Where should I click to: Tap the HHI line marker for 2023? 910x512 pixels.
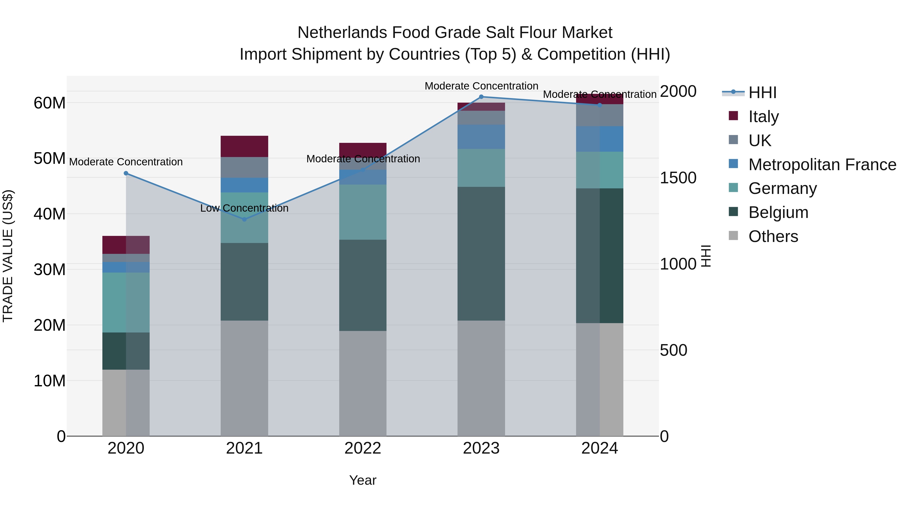481,97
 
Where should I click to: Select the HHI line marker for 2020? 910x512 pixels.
126,173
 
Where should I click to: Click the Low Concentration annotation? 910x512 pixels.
244,208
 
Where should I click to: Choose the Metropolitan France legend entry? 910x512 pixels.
822,164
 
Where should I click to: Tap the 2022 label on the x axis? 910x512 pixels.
362,448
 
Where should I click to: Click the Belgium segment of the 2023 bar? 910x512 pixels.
481,253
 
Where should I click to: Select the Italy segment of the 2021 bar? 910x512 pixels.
244,146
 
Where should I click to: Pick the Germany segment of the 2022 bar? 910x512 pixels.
362,212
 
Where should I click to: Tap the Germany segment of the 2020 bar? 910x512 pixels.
126,302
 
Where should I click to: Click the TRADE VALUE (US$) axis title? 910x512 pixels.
8,256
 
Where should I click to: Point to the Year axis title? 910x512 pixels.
362,480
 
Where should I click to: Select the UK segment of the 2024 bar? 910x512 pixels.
600,115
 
